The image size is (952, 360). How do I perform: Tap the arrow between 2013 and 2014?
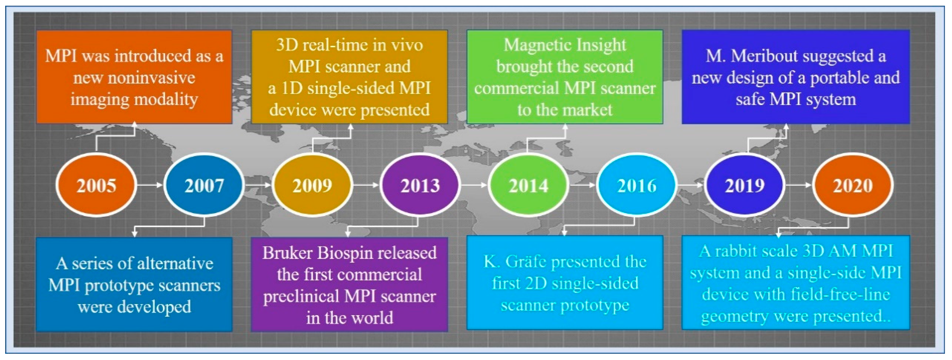pyautogui.click(x=475, y=184)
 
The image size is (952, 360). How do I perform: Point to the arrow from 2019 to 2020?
pyautogui.click(x=799, y=184)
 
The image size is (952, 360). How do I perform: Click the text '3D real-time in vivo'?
pyautogui.click(x=349, y=45)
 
